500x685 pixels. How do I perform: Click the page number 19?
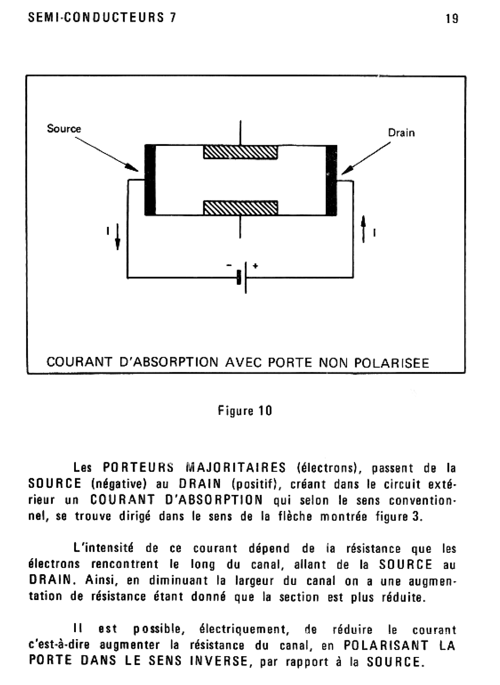coord(452,18)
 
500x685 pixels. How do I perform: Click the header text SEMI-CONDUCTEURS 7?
coord(102,18)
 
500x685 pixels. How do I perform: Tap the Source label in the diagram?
coord(64,128)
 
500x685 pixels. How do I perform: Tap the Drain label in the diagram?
coord(401,133)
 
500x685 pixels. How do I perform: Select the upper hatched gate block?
coord(240,152)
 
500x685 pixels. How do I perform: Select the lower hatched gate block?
coord(240,208)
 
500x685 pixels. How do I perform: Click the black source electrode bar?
coord(150,180)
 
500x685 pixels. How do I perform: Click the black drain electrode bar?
coord(331,180)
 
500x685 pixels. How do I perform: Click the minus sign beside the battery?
coord(229,265)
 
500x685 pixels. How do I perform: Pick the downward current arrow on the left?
coord(117,237)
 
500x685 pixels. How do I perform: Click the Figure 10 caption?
coord(245,411)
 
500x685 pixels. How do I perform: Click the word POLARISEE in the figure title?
coord(391,363)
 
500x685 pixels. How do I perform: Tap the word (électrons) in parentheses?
coord(329,468)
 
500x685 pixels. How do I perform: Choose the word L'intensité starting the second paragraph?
coord(103,548)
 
